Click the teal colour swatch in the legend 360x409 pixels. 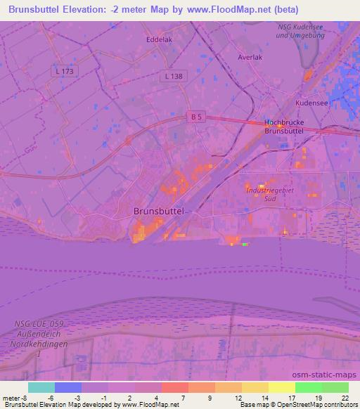(41, 387)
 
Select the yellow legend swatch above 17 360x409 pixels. (281, 387)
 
